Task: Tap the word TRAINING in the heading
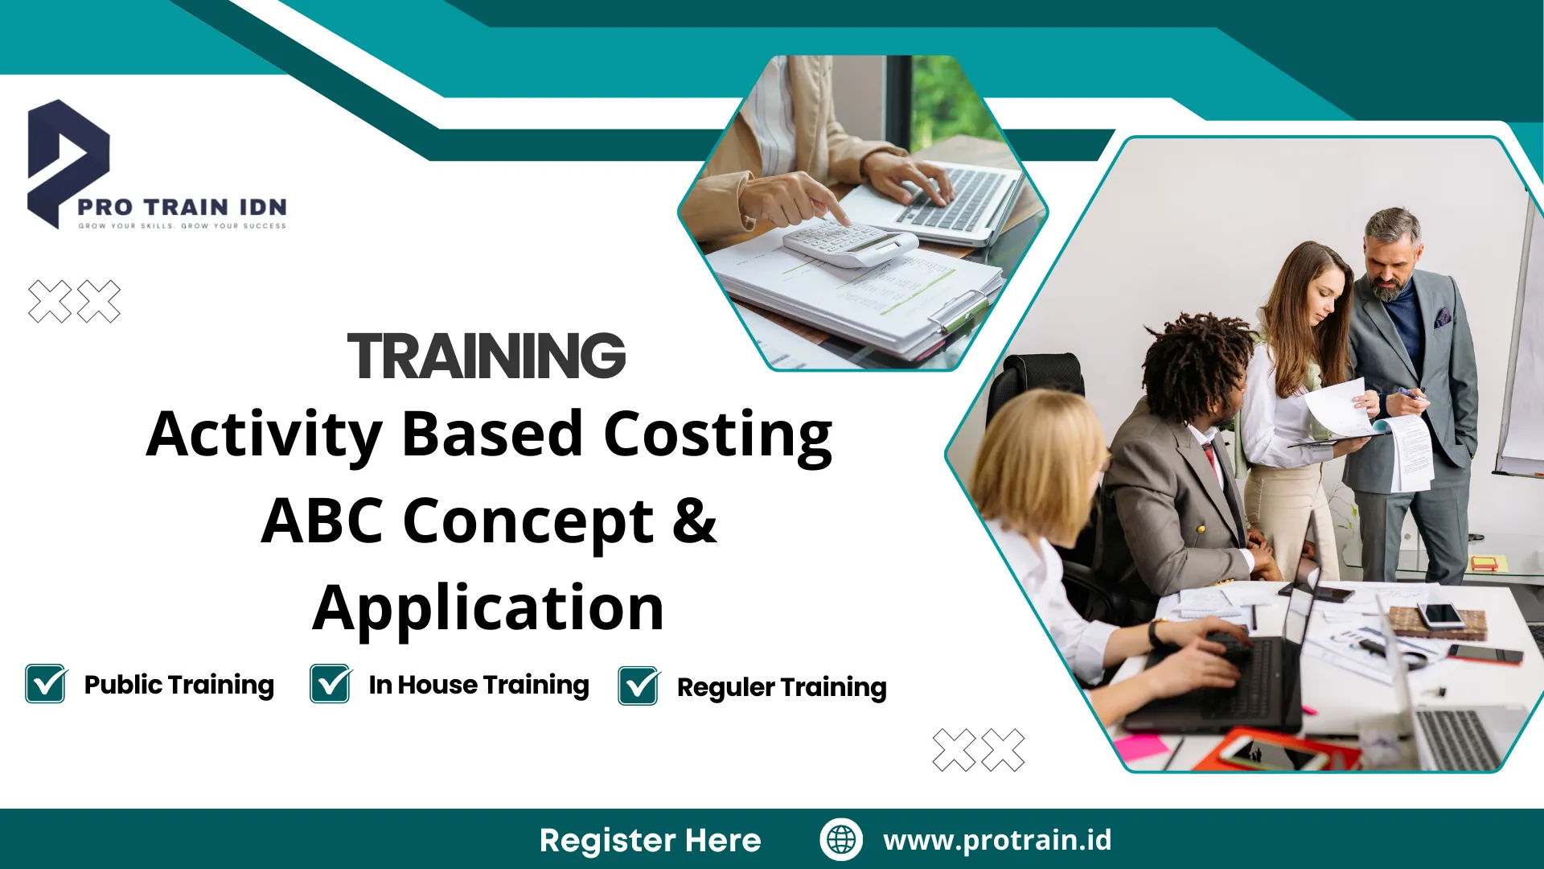pos(486,356)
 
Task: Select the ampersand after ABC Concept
pos(693,521)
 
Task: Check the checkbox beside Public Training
pos(46,684)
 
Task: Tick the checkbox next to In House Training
pos(331,684)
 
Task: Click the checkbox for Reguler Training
pos(639,686)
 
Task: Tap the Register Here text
pos(650,840)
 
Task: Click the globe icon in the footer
pos(841,839)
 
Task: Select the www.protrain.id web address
pos(997,839)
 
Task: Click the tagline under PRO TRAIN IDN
pos(182,226)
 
